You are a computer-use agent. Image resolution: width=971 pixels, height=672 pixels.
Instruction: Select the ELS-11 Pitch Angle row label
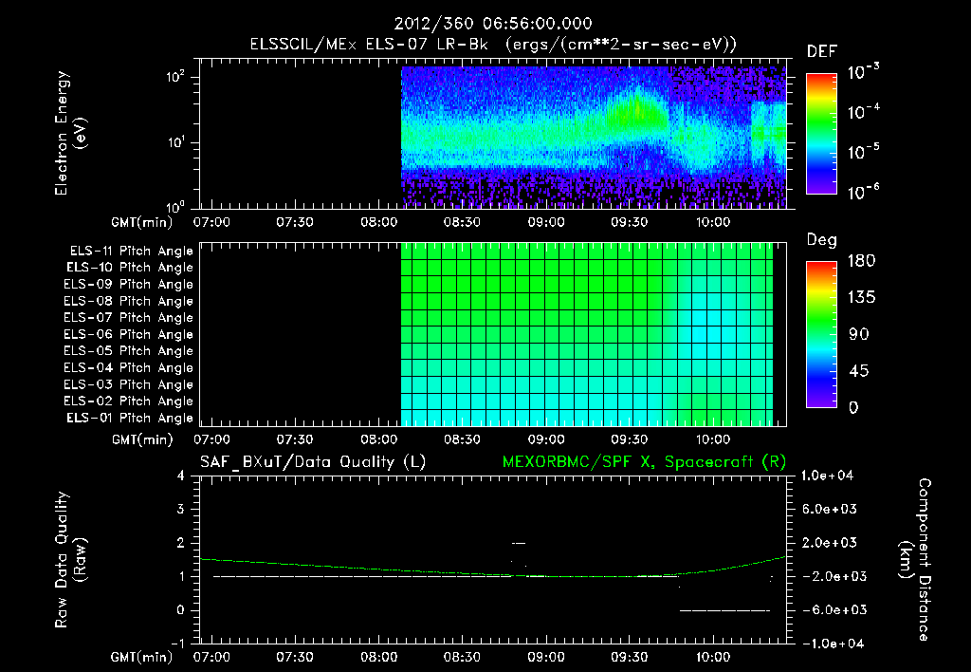coord(131,251)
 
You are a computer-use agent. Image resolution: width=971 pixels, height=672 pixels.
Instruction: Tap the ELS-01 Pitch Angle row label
coord(131,418)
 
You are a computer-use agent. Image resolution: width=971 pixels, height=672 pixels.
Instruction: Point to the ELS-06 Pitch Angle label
coord(131,334)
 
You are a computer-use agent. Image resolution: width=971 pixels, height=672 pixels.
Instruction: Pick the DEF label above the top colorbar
coord(821,51)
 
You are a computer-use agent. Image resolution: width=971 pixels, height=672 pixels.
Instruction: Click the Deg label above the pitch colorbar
coord(821,240)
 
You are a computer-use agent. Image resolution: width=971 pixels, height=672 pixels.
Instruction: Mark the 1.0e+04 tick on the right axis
coord(830,476)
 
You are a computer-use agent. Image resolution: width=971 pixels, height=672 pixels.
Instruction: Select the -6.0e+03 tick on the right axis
coord(830,609)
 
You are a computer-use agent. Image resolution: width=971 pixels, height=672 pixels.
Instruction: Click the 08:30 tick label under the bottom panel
coord(461,657)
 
